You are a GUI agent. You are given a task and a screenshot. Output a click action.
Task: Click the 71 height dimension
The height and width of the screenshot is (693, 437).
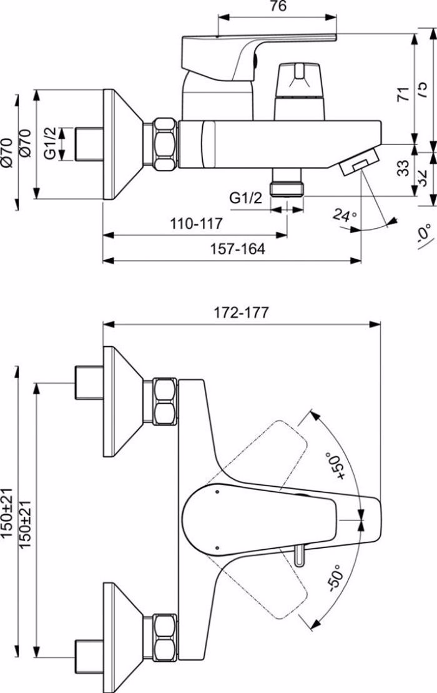(x=404, y=94)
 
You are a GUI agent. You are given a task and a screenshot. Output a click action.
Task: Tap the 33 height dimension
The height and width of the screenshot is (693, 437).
(x=404, y=168)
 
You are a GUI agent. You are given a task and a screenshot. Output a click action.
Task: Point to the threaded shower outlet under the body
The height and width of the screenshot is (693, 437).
(x=287, y=186)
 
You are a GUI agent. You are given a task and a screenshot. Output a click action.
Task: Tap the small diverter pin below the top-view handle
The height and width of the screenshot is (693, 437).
(x=301, y=555)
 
